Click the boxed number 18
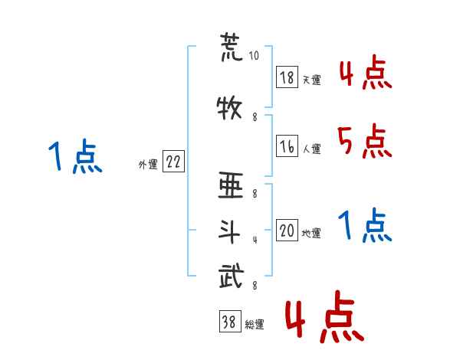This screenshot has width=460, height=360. (287, 78)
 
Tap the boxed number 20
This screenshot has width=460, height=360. (287, 231)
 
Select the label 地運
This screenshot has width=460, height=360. (311, 234)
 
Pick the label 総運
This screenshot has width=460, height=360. (255, 325)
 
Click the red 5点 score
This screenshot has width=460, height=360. (365, 141)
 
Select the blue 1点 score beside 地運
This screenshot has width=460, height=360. (365, 226)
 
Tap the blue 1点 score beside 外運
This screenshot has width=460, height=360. (74, 157)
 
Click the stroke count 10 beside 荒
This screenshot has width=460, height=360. (255, 57)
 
